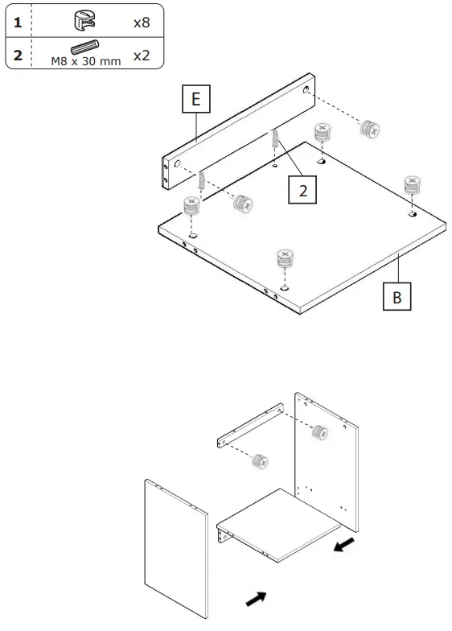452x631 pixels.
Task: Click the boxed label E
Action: point(195,101)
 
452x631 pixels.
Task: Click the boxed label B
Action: point(397,295)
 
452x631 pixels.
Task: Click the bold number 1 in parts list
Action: point(17,22)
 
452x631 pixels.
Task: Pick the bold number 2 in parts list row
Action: point(17,56)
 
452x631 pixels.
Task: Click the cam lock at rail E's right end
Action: point(369,127)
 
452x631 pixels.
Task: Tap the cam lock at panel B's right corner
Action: point(412,184)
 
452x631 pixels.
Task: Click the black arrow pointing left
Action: point(343,546)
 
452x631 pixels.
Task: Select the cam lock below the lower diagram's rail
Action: point(260,461)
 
